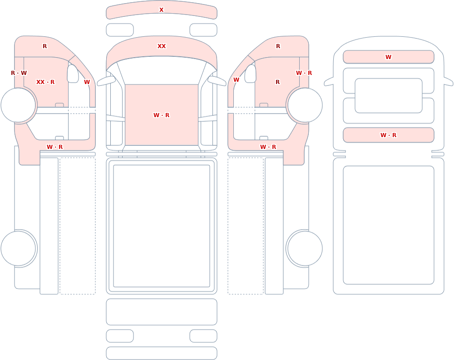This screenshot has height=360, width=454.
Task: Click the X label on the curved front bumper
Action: [161, 10]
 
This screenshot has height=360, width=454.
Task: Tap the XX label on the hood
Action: [162, 46]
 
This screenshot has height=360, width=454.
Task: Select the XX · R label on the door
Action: [45, 82]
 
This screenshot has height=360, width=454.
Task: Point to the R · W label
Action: [19, 73]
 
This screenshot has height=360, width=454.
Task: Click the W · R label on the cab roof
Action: [162, 115]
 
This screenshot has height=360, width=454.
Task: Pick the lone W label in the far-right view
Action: [388, 57]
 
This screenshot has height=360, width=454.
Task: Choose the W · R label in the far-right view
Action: [388, 135]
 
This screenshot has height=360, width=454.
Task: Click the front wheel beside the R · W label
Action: [18, 105]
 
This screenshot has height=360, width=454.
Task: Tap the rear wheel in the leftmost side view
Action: [18, 248]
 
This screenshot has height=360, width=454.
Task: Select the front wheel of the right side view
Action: [305, 105]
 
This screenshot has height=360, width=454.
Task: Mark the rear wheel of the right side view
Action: [305, 248]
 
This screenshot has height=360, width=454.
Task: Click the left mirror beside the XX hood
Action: [106, 81]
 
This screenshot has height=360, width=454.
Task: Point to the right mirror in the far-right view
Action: [449, 82]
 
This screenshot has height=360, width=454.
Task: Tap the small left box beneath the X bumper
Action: [120, 30]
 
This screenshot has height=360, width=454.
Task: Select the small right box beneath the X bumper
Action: [203, 30]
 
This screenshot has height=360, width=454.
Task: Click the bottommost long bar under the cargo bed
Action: [162, 353]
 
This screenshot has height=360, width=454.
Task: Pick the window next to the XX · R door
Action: [73, 74]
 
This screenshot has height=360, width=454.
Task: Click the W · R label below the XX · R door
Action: [55, 147]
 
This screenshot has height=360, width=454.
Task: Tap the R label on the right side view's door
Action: [278, 82]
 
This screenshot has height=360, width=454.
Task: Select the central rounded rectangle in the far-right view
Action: [388, 96]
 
